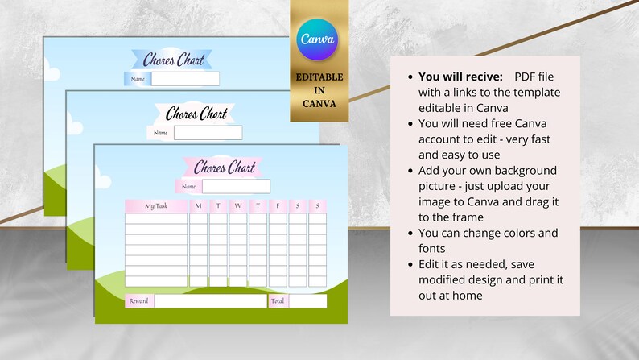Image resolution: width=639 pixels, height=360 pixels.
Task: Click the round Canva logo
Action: click(317, 38)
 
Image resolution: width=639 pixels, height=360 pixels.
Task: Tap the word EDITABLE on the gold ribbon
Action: click(317, 77)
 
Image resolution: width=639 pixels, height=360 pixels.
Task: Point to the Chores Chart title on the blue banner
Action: click(172, 59)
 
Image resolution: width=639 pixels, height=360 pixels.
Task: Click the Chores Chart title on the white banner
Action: click(196, 114)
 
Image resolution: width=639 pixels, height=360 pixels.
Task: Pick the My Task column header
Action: click(156, 206)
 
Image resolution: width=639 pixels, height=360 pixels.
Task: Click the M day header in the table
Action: click(198, 206)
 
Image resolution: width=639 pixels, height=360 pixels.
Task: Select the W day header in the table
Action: click(237, 206)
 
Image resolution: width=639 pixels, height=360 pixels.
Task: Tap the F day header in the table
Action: click(278, 206)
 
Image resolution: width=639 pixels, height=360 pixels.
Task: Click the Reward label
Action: click(138, 301)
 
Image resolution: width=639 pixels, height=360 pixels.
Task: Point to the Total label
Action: click(278, 301)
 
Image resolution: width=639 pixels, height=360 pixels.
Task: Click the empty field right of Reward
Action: click(209, 301)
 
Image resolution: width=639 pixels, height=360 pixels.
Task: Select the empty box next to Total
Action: click(308, 301)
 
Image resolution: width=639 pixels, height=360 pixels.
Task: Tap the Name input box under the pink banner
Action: click(236, 187)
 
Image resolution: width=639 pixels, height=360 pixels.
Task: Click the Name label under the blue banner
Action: click(138, 79)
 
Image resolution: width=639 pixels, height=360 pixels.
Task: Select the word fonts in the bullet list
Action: click(432, 249)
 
